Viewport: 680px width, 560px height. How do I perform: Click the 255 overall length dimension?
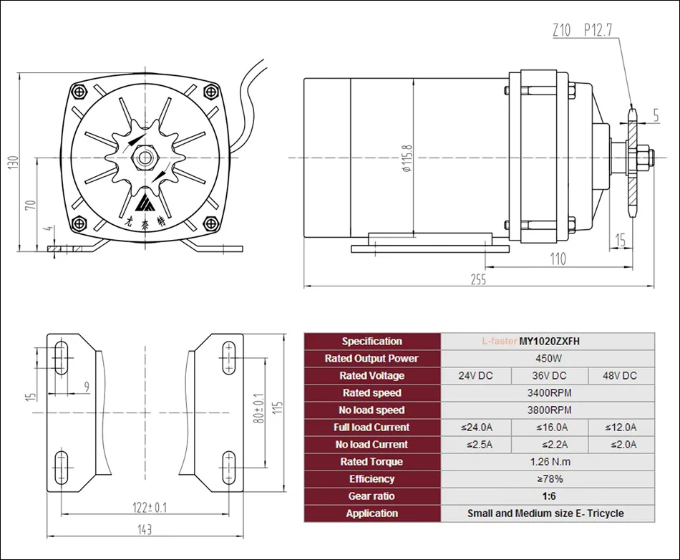coord(478,280)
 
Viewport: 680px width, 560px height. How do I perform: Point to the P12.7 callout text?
coord(597,30)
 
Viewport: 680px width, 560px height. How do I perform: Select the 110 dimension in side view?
coord(557,259)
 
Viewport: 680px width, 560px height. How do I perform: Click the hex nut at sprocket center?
coord(147,157)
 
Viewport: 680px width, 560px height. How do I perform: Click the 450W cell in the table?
coord(548,358)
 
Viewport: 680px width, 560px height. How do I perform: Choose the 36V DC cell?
coord(550,375)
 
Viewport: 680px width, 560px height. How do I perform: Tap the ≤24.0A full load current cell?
coord(477,427)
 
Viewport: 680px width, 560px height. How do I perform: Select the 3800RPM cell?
coord(548,410)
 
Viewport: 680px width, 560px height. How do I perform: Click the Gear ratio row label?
coord(371,496)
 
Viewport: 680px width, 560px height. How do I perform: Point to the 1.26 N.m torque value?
coord(548,461)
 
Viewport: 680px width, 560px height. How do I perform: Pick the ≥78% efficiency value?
coord(548,478)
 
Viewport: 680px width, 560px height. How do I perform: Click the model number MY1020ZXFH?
coord(550,341)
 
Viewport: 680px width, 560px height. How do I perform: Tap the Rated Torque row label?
coord(371,461)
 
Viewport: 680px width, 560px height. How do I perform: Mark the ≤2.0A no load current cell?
coord(621,444)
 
